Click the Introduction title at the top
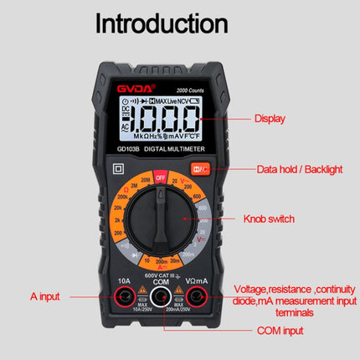(x=161, y=23)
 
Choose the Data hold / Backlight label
(x=298, y=169)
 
